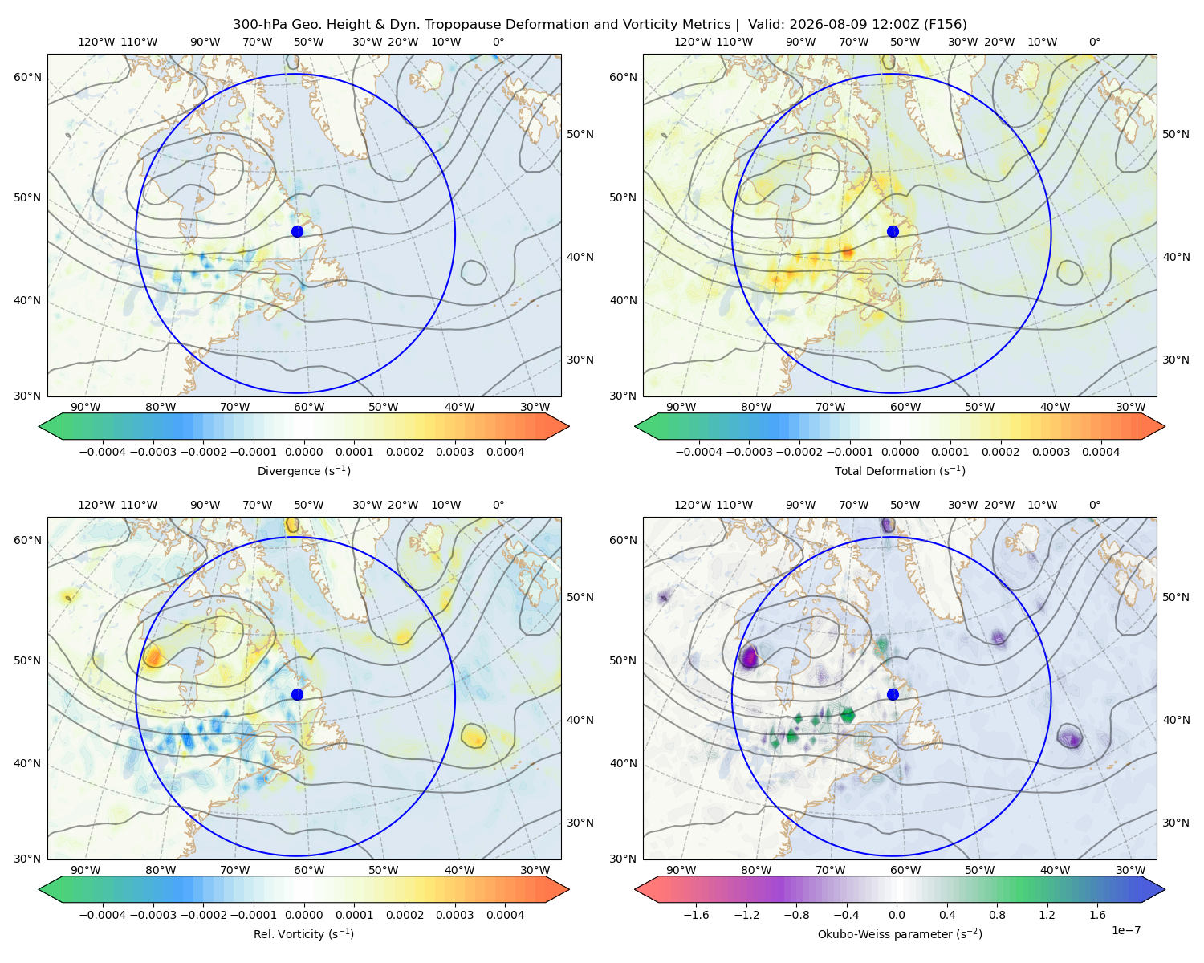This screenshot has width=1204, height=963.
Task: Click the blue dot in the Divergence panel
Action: pyautogui.click(x=297, y=231)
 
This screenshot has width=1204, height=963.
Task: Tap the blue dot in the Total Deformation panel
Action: pyautogui.click(x=893, y=231)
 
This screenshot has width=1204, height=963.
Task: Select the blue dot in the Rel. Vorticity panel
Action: pyautogui.click(x=297, y=694)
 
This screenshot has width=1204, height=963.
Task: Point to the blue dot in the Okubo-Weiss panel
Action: pyautogui.click(x=893, y=694)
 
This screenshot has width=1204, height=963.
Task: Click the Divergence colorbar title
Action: pyautogui.click(x=303, y=470)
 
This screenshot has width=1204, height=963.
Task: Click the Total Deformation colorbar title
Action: pyautogui.click(x=900, y=470)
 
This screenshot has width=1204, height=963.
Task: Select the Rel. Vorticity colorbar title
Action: pyautogui.click(x=303, y=933)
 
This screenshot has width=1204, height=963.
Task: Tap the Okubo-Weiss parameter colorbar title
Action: pyautogui.click(x=900, y=933)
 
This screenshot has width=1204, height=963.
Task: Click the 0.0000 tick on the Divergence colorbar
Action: pyautogui.click(x=303, y=452)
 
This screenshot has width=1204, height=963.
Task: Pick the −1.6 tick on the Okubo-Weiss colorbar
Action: pyautogui.click(x=696, y=914)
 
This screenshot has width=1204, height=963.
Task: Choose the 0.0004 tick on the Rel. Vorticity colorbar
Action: pyautogui.click(x=505, y=914)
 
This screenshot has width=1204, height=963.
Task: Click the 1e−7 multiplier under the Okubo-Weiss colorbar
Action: pyautogui.click(x=1125, y=930)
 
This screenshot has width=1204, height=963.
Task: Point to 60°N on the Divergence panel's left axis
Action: pyautogui.click(x=27, y=77)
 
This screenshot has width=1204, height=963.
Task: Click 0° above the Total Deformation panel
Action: pyautogui.click(x=1094, y=42)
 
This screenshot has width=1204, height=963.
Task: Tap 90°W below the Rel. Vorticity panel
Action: pyautogui.click(x=86, y=870)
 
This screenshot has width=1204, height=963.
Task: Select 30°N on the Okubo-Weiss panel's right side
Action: pyautogui.click(x=1175, y=822)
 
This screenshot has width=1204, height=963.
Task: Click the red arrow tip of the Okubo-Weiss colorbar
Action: pyautogui.click(x=636, y=889)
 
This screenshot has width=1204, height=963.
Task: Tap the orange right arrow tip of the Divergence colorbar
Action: pyautogui.click(x=568, y=426)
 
